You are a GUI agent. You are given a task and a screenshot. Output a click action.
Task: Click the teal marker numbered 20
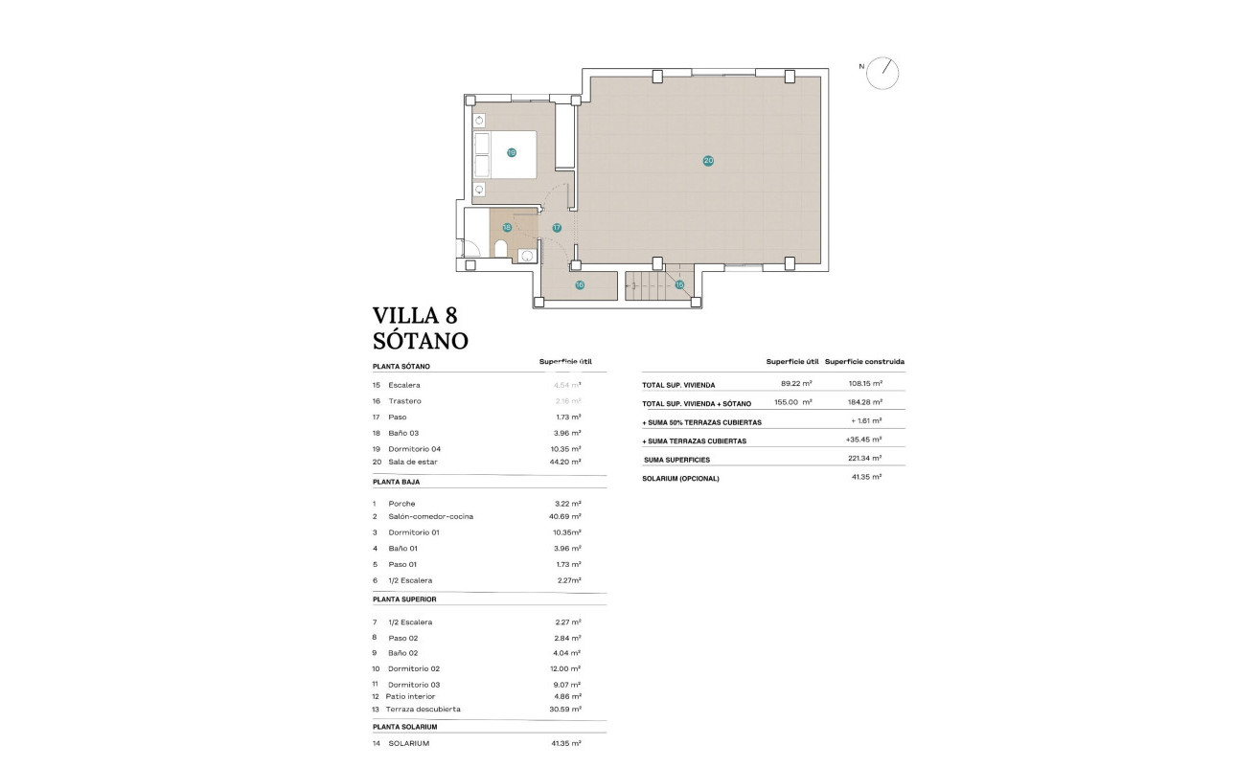[708, 161]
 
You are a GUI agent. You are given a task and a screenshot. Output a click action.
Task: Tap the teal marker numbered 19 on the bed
[512, 152]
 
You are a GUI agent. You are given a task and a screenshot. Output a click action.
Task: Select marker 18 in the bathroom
[507, 228]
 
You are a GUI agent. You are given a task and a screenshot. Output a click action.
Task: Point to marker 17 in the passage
[557, 228]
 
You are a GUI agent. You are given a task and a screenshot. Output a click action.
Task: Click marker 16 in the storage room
[580, 284]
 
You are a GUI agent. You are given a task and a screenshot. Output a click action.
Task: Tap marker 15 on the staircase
[679, 284]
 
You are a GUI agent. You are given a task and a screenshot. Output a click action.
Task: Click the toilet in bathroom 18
[500, 251]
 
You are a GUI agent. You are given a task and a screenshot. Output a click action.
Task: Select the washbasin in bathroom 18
[526, 255]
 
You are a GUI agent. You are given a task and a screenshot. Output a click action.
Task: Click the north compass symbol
[882, 74]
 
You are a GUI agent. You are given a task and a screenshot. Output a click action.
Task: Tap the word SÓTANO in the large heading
[420, 340]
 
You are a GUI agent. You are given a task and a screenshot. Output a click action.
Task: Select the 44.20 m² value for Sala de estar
[564, 462]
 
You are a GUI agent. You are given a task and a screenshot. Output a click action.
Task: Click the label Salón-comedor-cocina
[430, 516]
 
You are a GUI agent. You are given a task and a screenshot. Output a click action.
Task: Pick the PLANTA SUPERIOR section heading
[404, 599]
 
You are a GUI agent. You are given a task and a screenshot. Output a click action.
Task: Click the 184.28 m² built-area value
[864, 402]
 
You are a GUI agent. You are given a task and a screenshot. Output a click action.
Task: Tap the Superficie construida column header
[864, 362]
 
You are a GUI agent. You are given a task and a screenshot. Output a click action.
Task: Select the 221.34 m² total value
[864, 460]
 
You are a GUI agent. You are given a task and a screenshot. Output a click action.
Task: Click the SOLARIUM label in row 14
[409, 743]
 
